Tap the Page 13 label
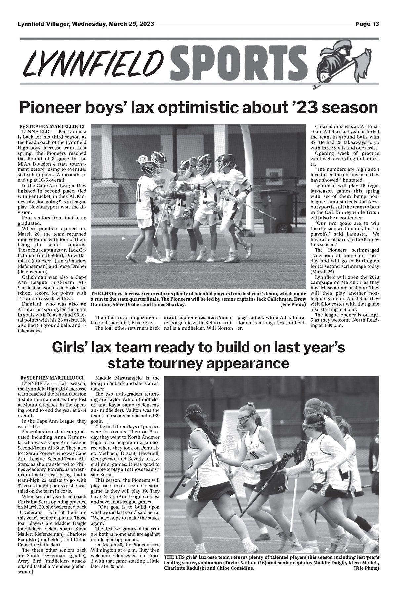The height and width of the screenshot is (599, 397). point(367,24)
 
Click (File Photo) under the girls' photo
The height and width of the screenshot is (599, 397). point(366,577)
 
